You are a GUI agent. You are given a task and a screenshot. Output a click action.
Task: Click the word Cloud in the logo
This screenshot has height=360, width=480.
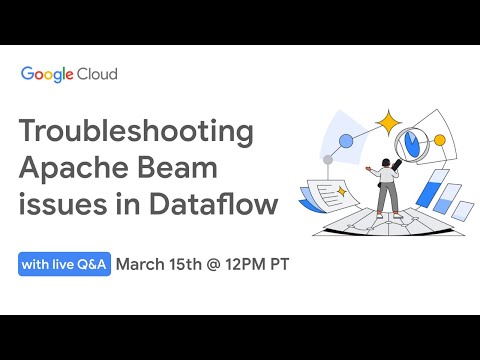coord(100,74)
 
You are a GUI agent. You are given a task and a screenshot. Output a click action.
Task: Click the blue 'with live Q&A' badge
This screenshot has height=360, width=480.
coord(64,265)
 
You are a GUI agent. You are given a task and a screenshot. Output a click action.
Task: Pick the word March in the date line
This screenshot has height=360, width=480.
coord(146,265)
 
